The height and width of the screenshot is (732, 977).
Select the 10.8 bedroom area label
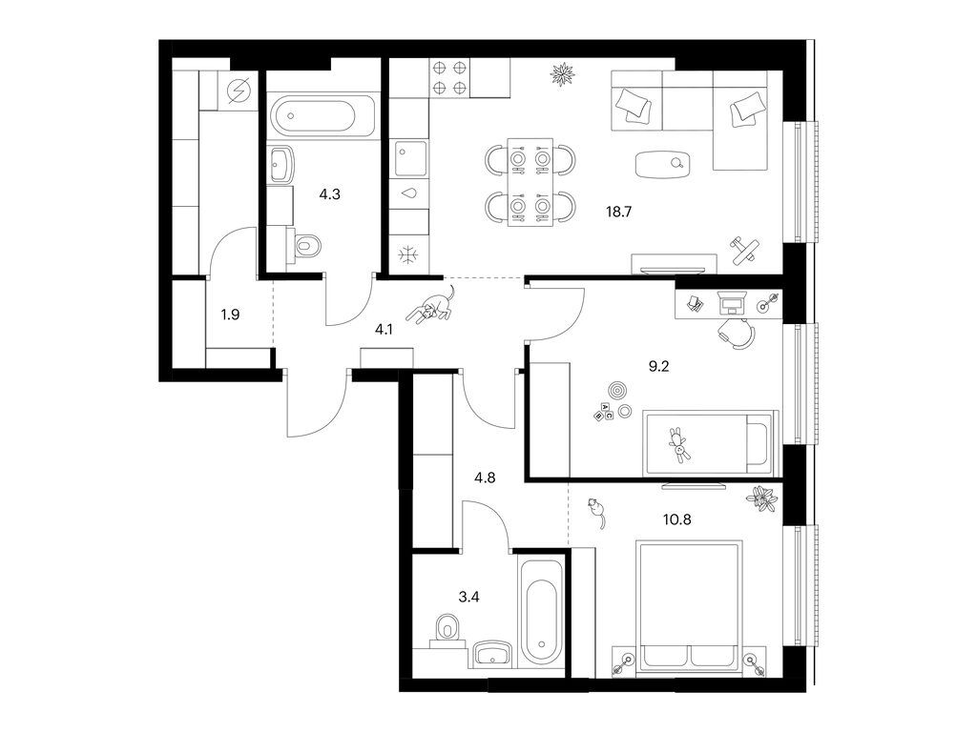(x=652, y=522)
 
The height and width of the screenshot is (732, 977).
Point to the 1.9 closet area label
(x=230, y=314)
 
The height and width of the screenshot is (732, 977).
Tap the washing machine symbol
(x=239, y=92)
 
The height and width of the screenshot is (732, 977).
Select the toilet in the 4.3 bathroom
(x=305, y=248)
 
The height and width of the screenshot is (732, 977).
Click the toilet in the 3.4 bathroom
(x=446, y=630)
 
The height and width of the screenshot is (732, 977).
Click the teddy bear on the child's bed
(x=679, y=444)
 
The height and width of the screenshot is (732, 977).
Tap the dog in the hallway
(x=431, y=307)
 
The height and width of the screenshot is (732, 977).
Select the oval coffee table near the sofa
(x=663, y=164)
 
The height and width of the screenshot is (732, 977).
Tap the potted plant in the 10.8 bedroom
(x=761, y=498)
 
